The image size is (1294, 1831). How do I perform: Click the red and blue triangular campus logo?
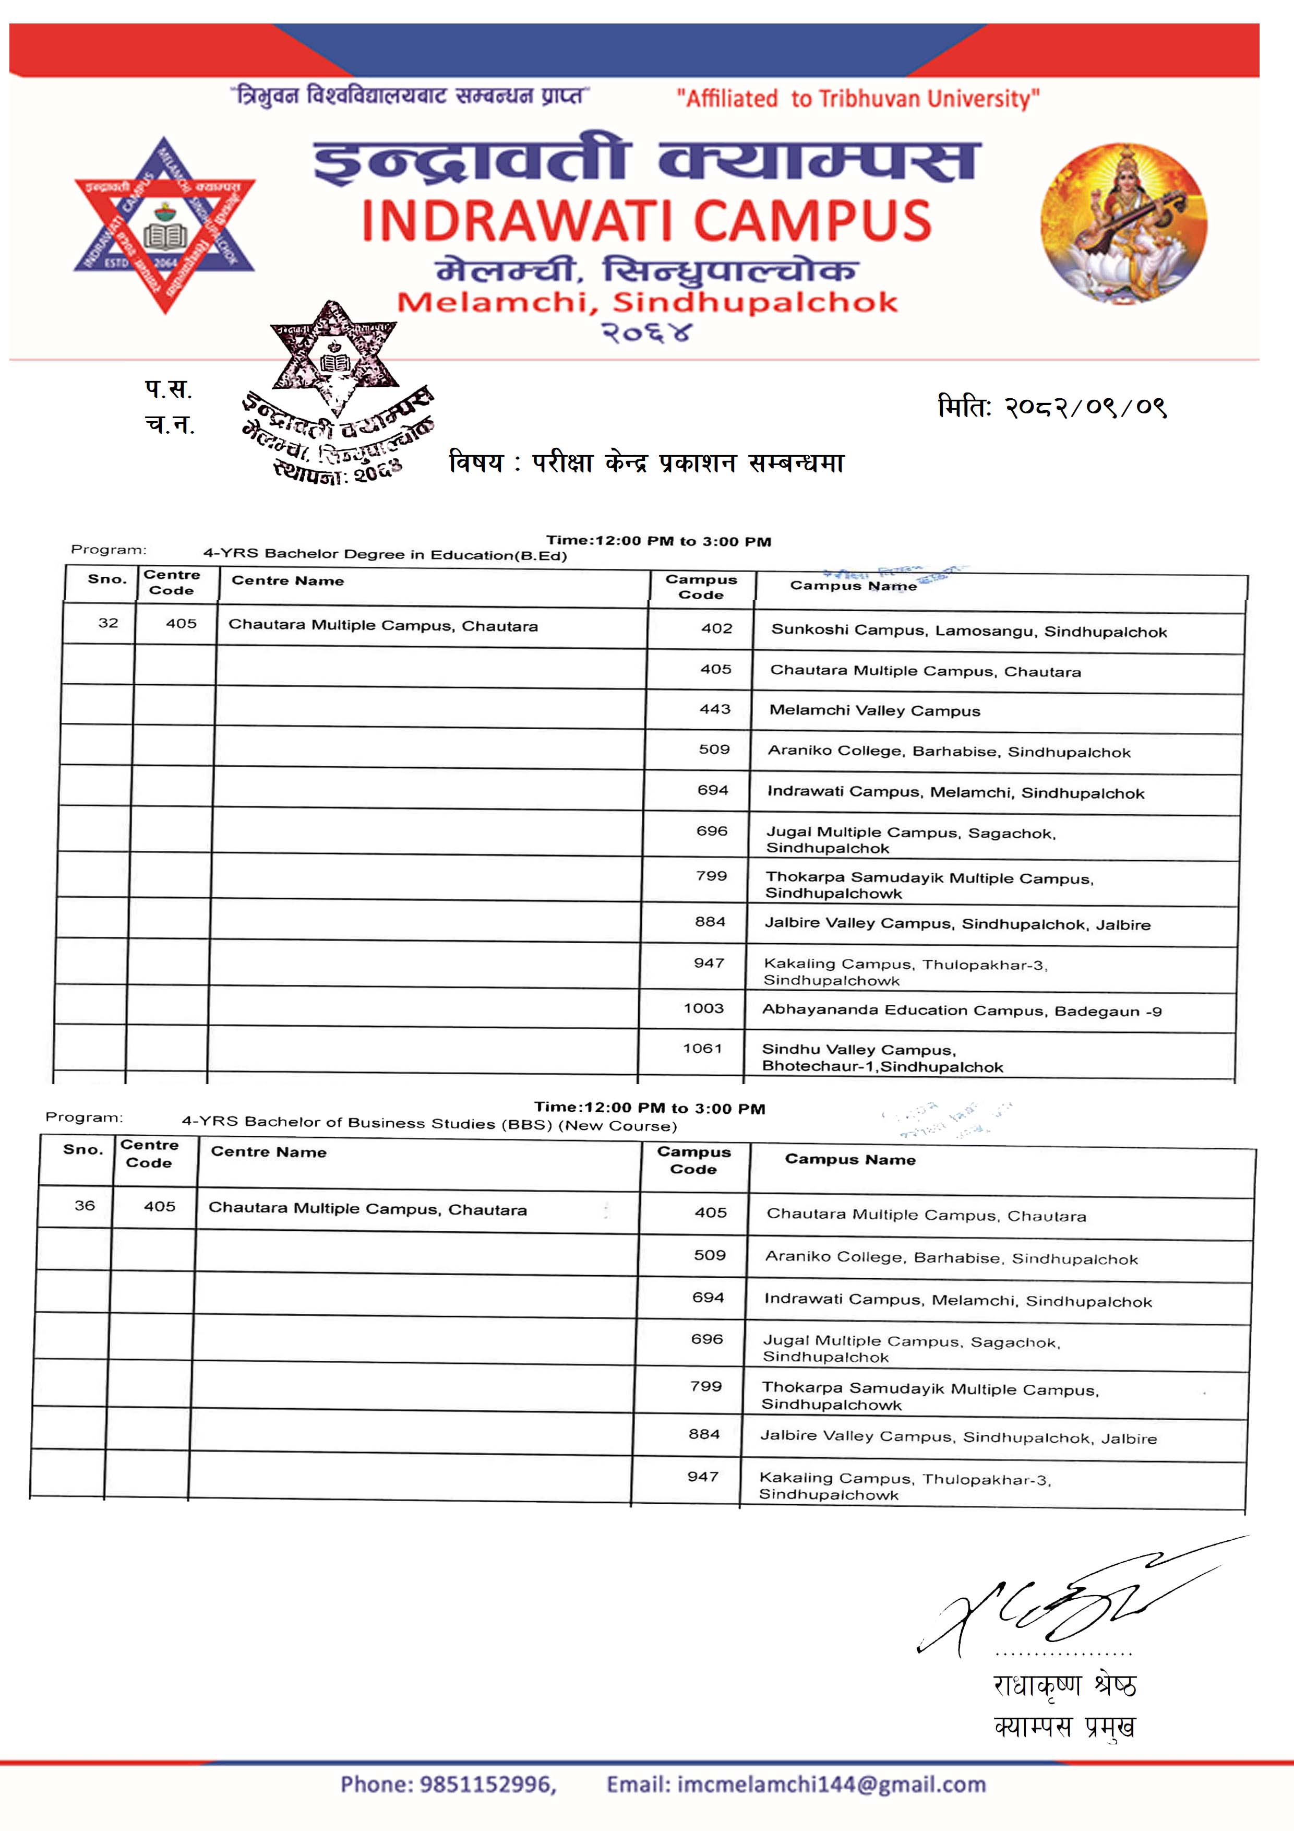pyautogui.click(x=164, y=225)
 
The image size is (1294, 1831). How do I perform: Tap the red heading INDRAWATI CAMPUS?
pyautogui.click(x=646, y=221)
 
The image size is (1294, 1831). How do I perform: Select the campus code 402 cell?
pyautogui.click(x=717, y=628)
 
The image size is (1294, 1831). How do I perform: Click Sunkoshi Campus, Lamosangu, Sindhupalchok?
pyautogui.click(x=969, y=631)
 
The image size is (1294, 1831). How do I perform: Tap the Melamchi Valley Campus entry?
pyautogui.click(x=874, y=710)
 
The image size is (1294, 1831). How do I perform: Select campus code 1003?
pyautogui.click(x=703, y=1008)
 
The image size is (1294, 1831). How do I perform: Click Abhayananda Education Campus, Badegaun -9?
pyautogui.click(x=962, y=1010)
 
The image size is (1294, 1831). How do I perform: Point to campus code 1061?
pyautogui.click(x=702, y=1048)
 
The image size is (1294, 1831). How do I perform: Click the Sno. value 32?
pyautogui.click(x=109, y=623)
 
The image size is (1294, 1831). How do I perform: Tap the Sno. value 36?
pyautogui.click(x=85, y=1205)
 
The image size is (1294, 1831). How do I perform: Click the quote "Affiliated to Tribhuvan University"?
pyautogui.click(x=858, y=99)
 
